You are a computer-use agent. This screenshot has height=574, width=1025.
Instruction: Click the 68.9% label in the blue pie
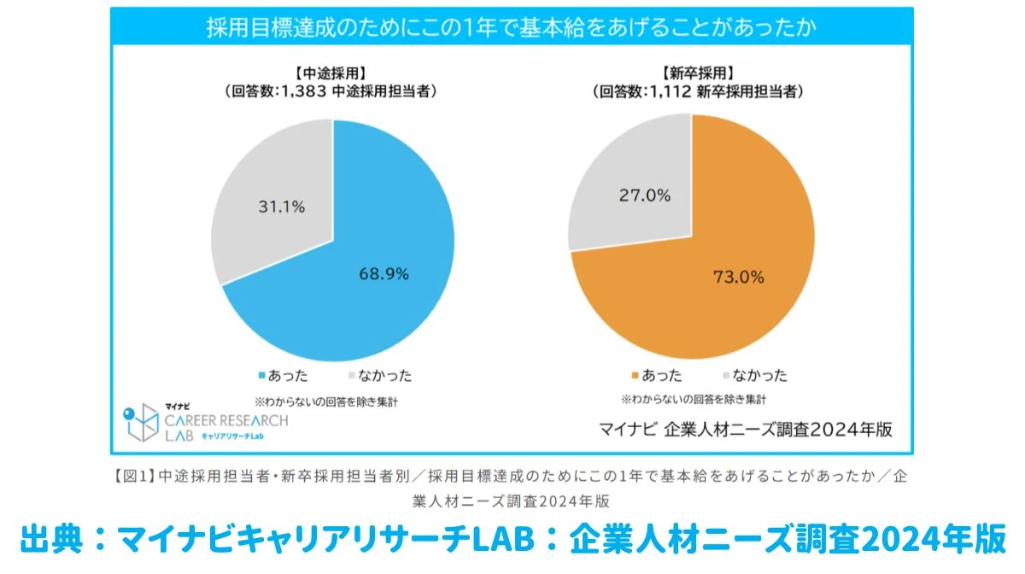[384, 274]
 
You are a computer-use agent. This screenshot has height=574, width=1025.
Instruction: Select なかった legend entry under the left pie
[380, 376]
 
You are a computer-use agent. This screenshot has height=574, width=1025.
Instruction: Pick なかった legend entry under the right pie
[754, 376]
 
